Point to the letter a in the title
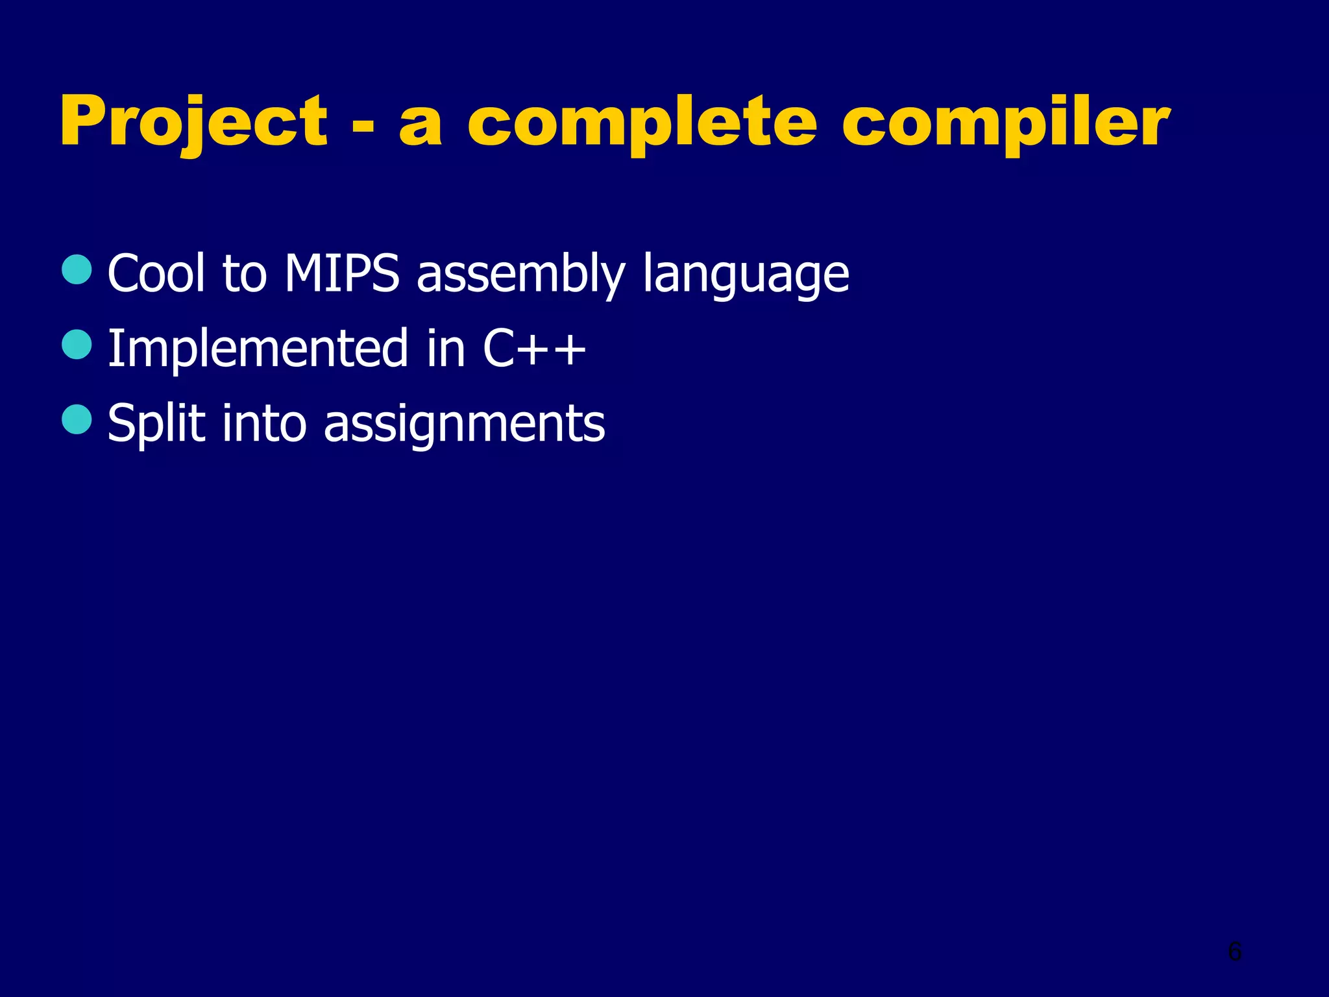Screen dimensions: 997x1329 point(420,127)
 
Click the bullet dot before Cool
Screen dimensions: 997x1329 point(77,269)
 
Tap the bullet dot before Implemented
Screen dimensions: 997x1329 point(77,345)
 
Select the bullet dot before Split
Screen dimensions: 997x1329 point(77,419)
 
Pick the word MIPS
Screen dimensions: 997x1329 point(341,273)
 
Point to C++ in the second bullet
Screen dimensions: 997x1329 point(533,349)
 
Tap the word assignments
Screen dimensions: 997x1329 point(464,424)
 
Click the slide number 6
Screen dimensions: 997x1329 point(1235,952)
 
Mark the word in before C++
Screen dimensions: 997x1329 point(446,349)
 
